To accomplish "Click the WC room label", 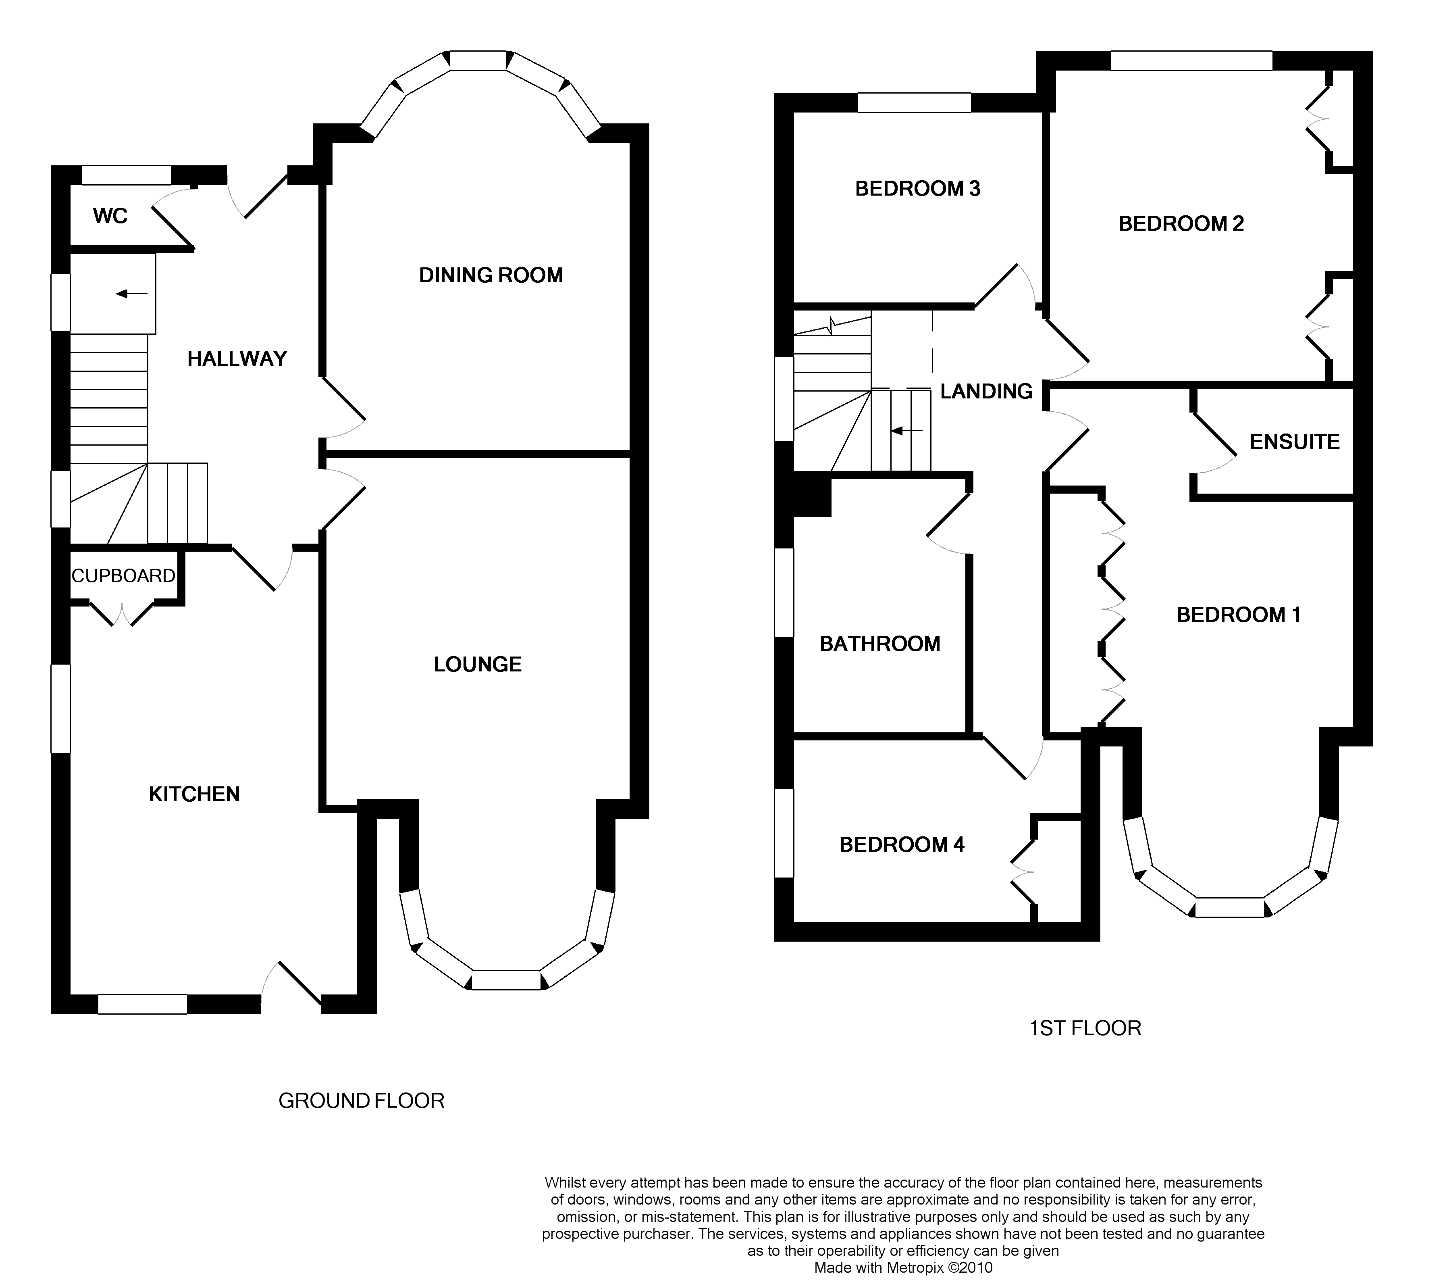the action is point(110,216).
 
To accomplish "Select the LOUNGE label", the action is point(478,664).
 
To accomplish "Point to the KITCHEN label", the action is point(194,794).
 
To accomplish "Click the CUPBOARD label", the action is point(123,576).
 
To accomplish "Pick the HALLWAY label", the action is point(237,359).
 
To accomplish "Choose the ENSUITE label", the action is point(1294,442).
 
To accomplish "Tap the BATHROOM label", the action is point(880,644).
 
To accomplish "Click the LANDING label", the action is point(986,391).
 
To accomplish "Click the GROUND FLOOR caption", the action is point(361,1101).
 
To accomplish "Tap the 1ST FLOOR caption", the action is point(1085,1028).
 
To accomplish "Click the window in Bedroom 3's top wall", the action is point(914,103).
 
